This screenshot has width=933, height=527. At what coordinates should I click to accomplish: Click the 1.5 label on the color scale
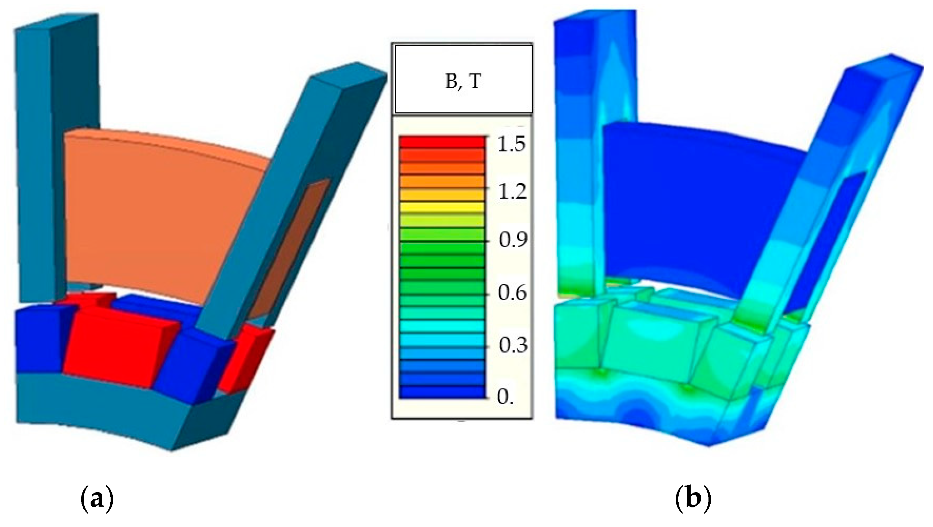pos(511,145)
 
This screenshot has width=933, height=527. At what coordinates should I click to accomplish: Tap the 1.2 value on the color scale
pos(512,192)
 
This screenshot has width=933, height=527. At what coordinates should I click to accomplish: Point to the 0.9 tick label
pos(513,240)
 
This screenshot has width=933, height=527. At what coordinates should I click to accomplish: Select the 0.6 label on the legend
pos(512,293)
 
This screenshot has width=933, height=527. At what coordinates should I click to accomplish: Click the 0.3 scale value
pos(513,345)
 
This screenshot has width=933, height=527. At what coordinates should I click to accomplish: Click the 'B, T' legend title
pos(464,82)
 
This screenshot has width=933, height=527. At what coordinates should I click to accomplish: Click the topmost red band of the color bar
pos(442,142)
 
